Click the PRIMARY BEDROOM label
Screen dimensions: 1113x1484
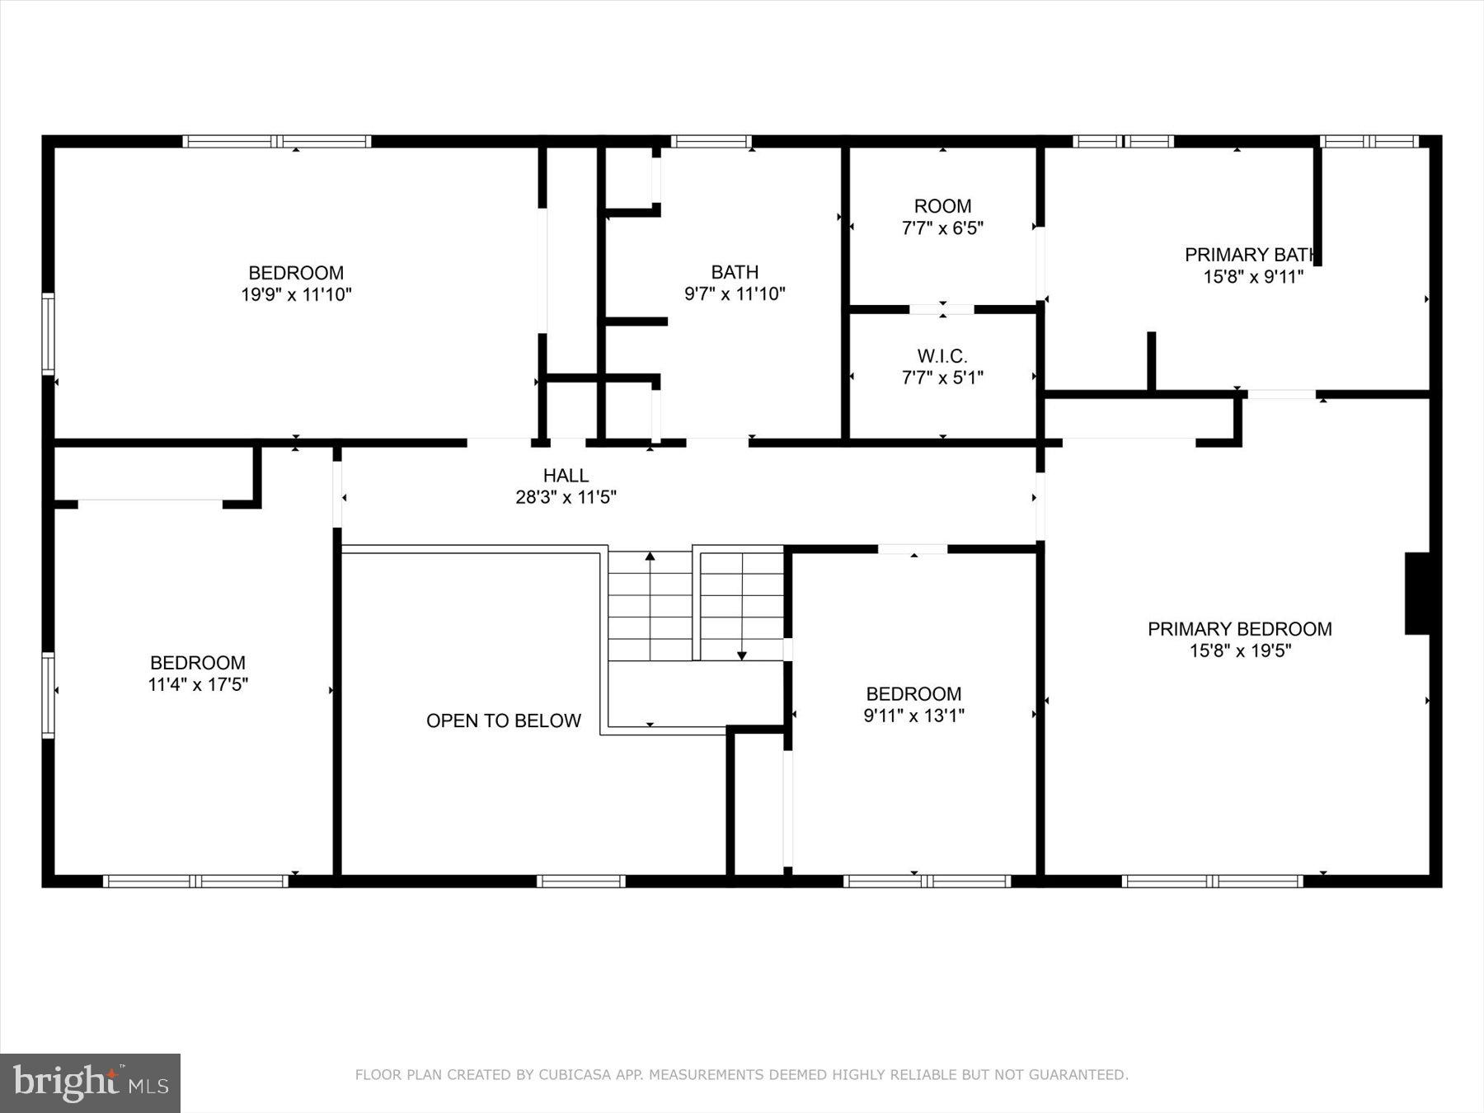point(1239,629)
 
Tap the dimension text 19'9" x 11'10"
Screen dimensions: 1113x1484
point(296,294)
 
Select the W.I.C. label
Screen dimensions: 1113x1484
point(942,356)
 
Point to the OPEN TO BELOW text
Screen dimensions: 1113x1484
point(503,721)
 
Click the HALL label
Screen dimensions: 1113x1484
point(566,476)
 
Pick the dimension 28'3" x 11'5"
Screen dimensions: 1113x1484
point(566,497)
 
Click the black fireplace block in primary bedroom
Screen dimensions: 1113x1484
point(1417,593)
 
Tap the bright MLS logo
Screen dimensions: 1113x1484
point(90,1082)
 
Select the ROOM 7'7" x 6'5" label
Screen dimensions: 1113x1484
point(942,217)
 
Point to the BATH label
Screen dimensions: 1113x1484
point(735,272)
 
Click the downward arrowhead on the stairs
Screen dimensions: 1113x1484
point(742,655)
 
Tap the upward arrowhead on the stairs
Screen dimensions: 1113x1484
point(650,556)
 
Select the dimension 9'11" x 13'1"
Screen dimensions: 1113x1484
point(913,716)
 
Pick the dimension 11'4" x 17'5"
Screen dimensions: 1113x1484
point(198,684)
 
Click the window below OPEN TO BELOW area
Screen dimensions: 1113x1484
point(581,881)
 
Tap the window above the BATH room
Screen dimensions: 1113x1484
point(711,141)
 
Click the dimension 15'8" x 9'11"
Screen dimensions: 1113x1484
point(1252,277)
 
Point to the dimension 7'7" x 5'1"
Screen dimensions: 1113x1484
point(942,378)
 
